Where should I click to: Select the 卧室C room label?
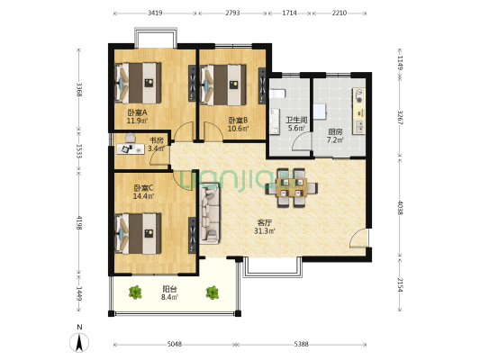[x=143, y=187]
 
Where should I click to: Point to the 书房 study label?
[x=156, y=140]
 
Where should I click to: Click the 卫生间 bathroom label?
[x=296, y=121]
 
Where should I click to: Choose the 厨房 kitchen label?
[x=334, y=131]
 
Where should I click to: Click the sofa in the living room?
[x=210, y=214]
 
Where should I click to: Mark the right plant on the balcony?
[x=212, y=292]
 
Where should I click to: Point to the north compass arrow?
[x=80, y=340]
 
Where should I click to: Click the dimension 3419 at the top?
[x=154, y=13]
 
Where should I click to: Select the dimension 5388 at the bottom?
[x=302, y=344]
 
